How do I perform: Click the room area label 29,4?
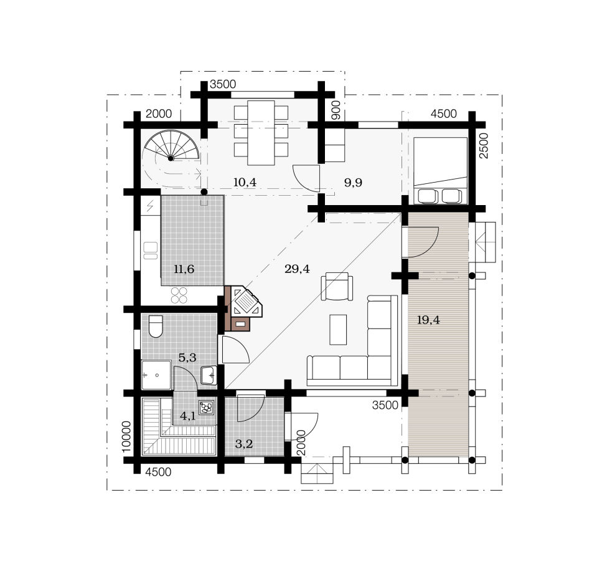coord(297,269)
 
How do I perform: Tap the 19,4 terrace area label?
coord(428,320)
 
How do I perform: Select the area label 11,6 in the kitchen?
coord(184,269)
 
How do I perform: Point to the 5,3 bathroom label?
coord(187,357)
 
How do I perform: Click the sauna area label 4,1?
coord(187,416)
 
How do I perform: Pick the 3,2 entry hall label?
coord(244,444)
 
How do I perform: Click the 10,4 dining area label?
coord(245,182)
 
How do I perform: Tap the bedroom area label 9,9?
coord(353,183)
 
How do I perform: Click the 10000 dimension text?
coord(126,436)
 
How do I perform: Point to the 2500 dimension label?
coord(483,146)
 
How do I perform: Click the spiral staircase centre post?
coord(171,158)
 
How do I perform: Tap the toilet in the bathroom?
coord(156,326)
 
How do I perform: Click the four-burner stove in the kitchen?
coord(179,295)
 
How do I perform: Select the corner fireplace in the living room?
coord(244,309)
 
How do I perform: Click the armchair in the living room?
coord(337,286)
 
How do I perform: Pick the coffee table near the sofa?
coord(338,330)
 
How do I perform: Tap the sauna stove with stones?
coord(207,407)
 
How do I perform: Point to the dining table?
coord(261,133)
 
